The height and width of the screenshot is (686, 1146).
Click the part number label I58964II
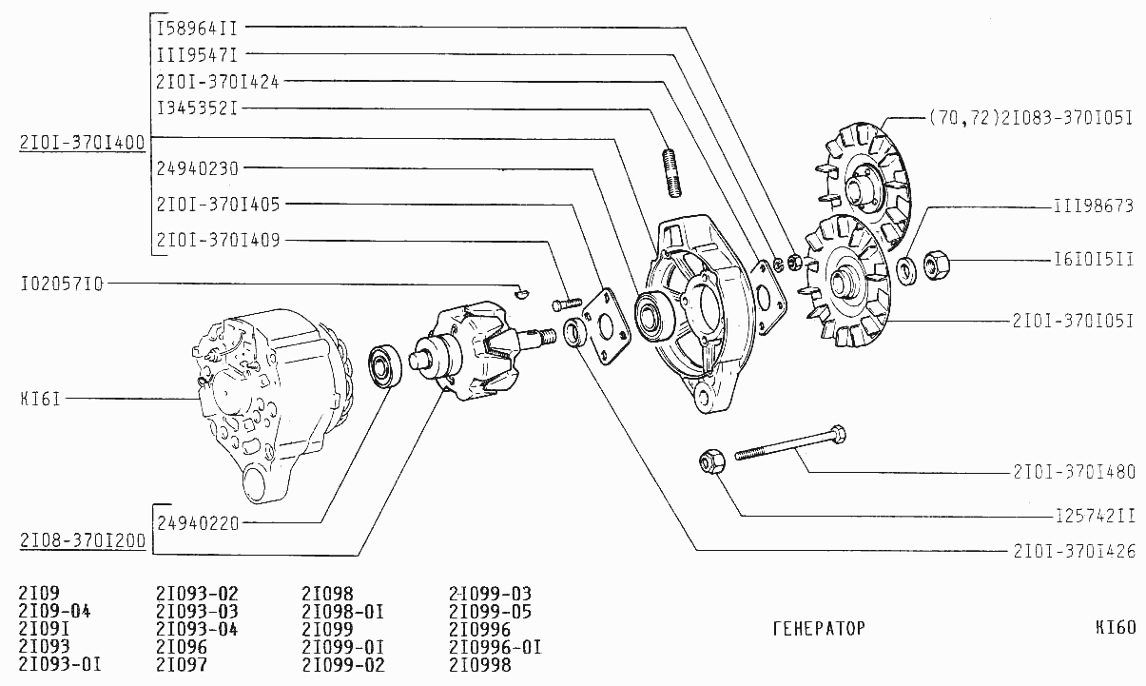coord(197,29)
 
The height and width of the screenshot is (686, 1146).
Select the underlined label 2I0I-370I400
coord(83,143)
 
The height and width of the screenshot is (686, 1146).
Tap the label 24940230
coord(198,168)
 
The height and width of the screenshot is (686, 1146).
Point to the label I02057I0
coord(62,284)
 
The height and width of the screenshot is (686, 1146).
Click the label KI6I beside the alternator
coord(40,399)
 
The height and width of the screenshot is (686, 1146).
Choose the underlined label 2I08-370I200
coord(83,540)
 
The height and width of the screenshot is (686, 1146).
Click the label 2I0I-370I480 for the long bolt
coord(1075,472)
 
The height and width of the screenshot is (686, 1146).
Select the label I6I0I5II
coord(1094,259)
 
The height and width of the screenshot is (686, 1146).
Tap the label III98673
coord(1094,206)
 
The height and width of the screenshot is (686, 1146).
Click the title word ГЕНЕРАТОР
coord(819,628)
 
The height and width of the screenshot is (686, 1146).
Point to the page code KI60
coord(1116,628)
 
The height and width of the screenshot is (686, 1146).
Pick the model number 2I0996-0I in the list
coord(495,648)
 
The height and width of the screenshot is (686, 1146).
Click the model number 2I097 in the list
coord(182,665)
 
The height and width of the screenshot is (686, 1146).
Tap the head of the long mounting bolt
coord(837,435)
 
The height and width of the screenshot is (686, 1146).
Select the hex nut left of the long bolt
coord(712,461)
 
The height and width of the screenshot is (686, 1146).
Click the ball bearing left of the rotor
coord(385,367)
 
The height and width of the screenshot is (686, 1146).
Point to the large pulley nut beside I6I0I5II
coord(936,265)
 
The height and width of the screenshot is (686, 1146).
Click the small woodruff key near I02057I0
coord(521,294)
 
